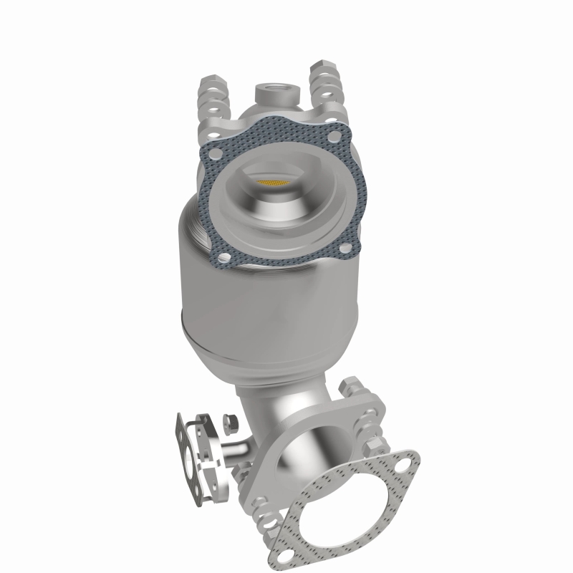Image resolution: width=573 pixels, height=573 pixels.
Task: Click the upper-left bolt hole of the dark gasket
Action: pos(213,152)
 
